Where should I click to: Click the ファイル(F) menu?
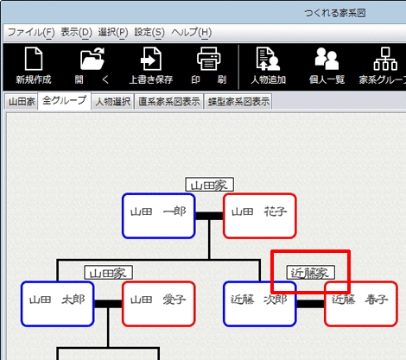[31, 32]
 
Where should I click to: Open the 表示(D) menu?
[76, 32]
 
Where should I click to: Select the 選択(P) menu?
[113, 32]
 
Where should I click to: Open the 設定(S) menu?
[149, 32]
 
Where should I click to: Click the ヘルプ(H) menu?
[192, 32]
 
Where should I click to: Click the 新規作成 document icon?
[34, 59]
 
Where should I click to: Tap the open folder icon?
[92, 59]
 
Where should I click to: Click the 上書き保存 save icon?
[151, 59]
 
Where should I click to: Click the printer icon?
[209, 59]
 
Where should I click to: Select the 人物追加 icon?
[268, 59]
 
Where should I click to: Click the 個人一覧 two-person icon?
[327, 59]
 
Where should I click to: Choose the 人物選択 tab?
[113, 102]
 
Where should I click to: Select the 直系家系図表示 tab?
[169, 102]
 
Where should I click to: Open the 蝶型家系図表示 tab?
[238, 102]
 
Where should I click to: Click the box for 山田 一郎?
[159, 216]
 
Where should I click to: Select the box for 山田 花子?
[260, 216]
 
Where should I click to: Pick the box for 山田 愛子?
[159, 304]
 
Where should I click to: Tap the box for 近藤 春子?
[361, 304]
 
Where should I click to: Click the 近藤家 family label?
[311, 273]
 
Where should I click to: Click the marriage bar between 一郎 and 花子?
[209, 216]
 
